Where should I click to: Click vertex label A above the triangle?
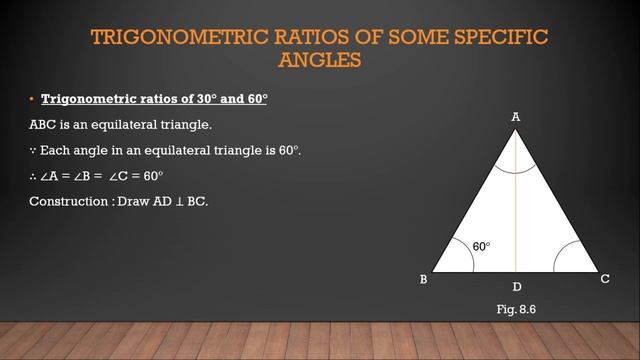(x=516, y=117)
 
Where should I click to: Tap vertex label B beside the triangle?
(x=424, y=280)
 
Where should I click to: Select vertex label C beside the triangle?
(x=605, y=279)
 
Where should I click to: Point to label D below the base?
(x=516, y=287)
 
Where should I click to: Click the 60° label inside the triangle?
(x=481, y=246)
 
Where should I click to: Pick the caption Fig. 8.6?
(x=516, y=311)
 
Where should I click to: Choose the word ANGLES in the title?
(x=319, y=60)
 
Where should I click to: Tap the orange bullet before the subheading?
(x=31, y=100)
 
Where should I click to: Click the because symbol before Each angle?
(x=32, y=151)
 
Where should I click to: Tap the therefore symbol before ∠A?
(x=32, y=176)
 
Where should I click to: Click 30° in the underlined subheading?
(x=180, y=100)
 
